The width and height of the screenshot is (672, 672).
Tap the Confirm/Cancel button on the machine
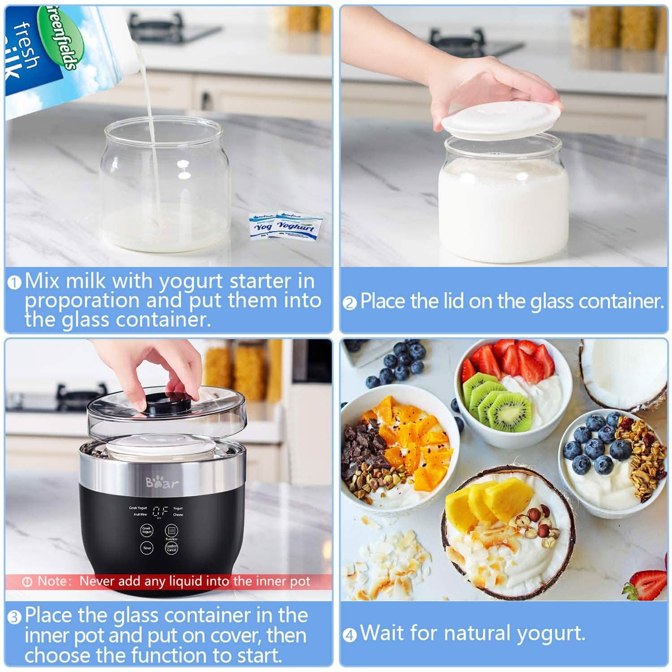pos(172,548)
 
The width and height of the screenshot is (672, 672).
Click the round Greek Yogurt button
pos(147,530)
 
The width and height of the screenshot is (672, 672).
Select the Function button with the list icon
pos(172,530)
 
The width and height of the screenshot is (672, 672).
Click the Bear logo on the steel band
pos(162,482)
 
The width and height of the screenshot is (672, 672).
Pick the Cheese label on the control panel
pos(178,515)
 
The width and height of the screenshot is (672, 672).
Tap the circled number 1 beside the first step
pos(15,283)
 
